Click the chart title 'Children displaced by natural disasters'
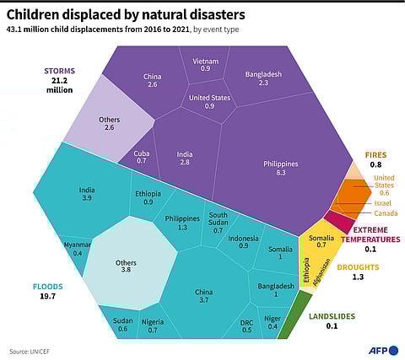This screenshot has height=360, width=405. pos(127,14)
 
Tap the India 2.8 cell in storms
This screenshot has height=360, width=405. pos(184,159)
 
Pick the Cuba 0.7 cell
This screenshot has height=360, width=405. pos(141,157)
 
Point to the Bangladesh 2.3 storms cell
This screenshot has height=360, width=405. pos(262,78)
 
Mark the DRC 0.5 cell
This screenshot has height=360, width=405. pos(246,325)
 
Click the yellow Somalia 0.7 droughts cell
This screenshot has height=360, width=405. pos(321,242)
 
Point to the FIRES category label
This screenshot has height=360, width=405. pos(375,155)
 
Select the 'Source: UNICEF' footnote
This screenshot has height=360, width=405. pos(29,351)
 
